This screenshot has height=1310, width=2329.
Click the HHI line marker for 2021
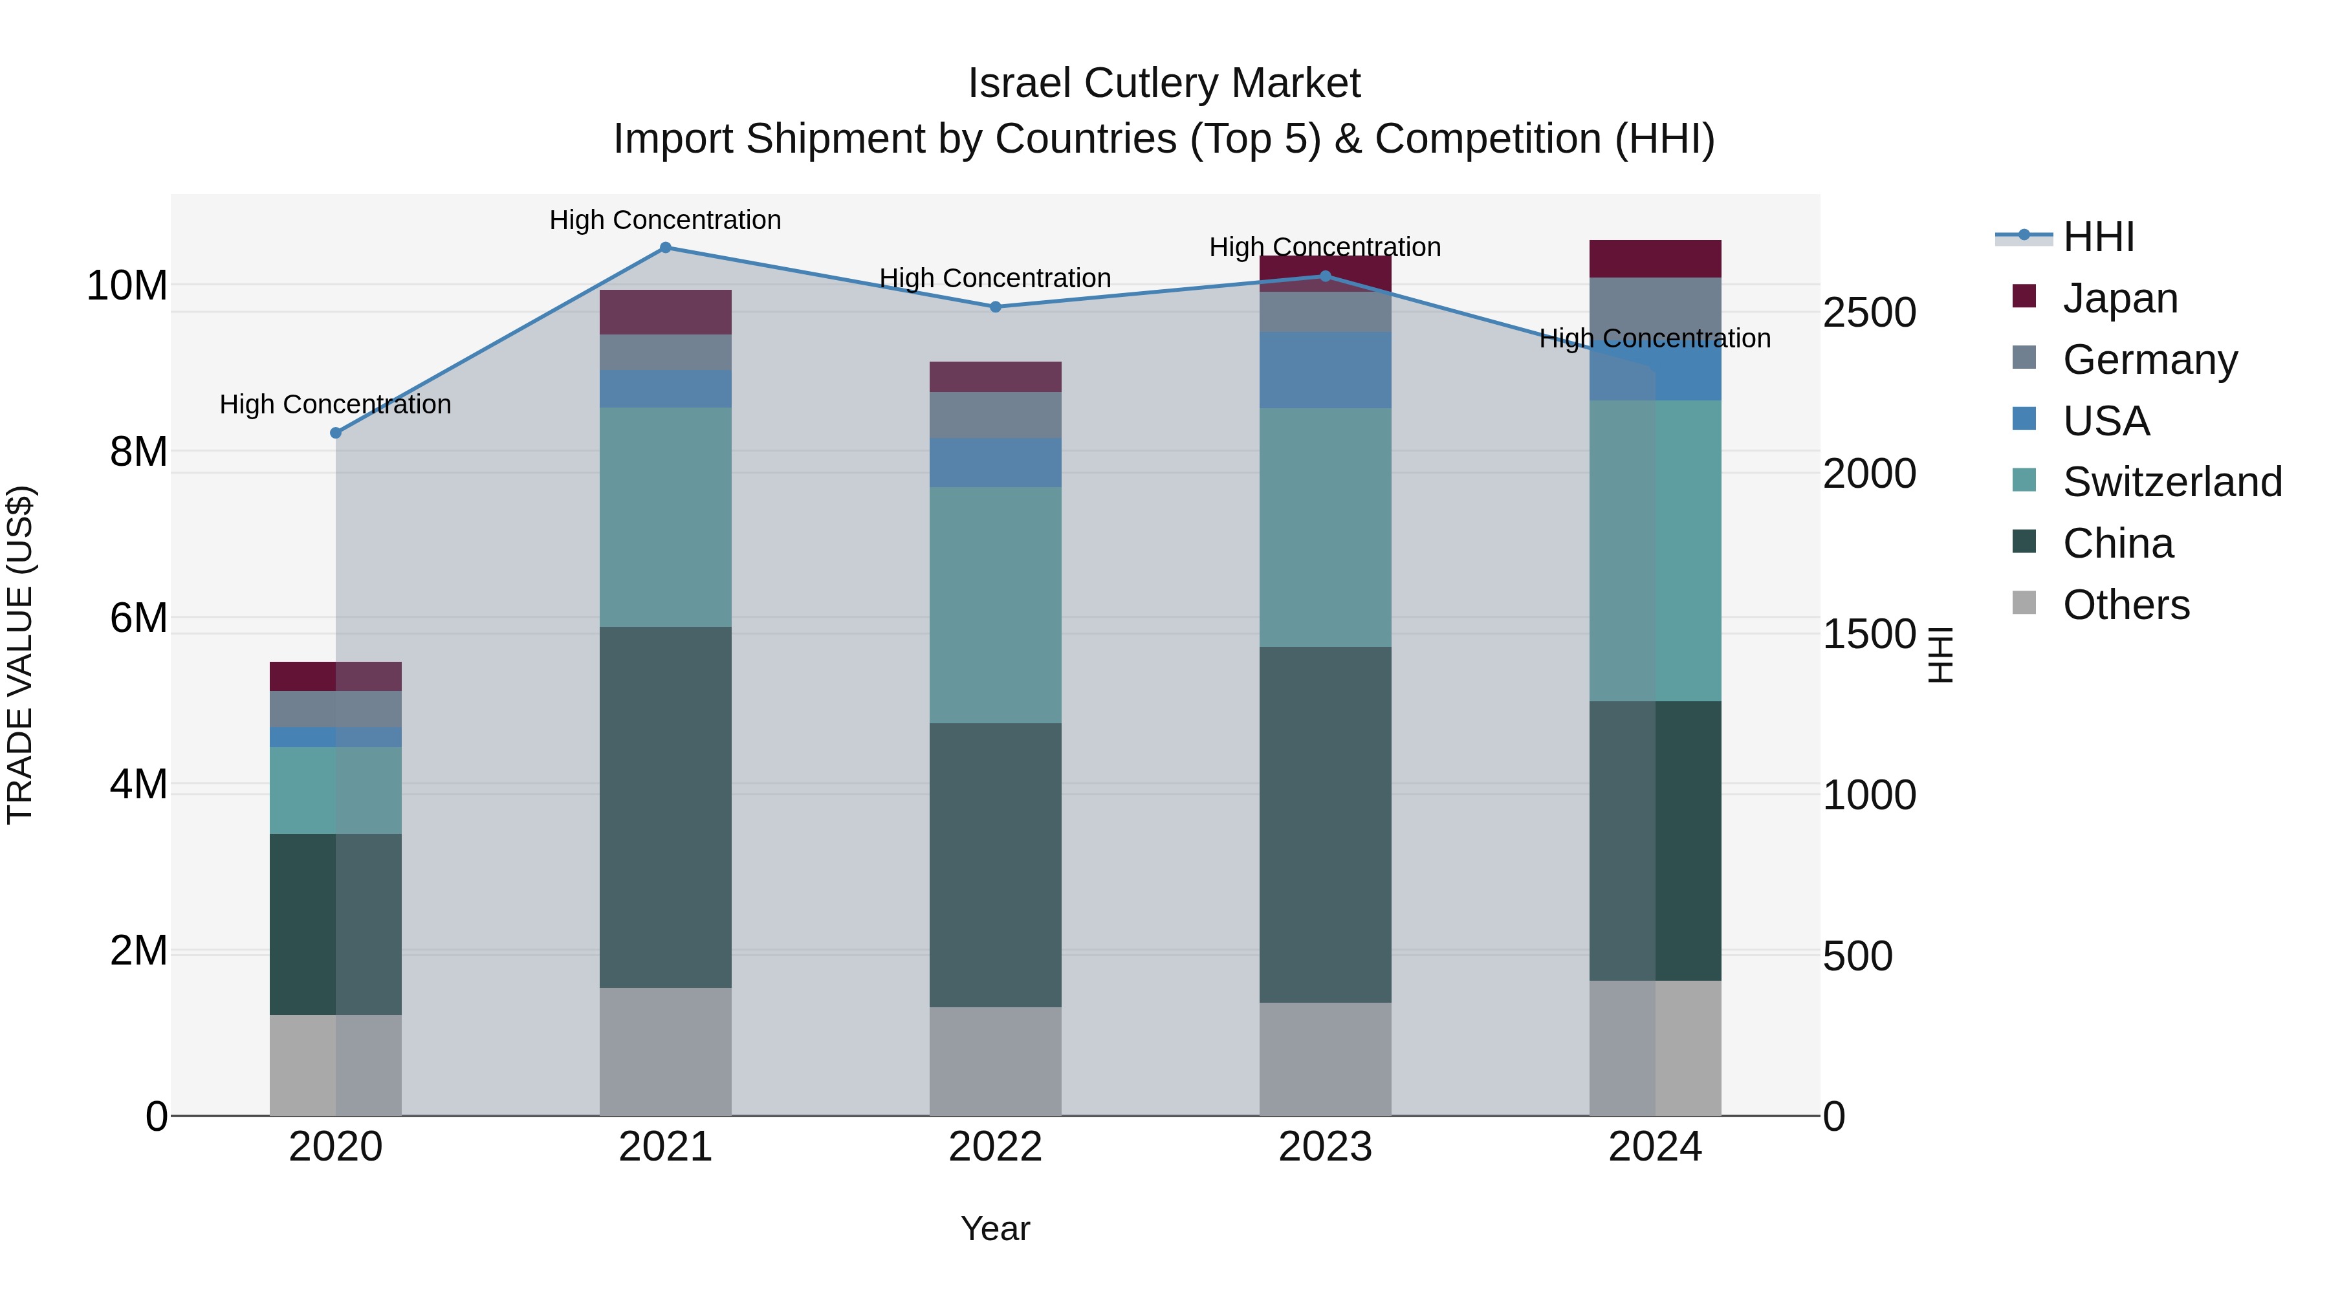coord(666,248)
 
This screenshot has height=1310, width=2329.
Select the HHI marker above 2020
coord(335,433)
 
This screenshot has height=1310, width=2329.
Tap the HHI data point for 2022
coord(996,307)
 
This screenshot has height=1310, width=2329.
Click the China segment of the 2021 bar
coord(666,807)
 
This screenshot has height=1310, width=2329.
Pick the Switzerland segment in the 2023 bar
coord(1326,527)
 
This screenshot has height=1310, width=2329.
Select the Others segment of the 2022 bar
coord(996,1062)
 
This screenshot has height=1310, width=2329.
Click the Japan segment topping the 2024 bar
coord(1656,259)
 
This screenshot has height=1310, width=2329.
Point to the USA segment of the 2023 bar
coord(1326,370)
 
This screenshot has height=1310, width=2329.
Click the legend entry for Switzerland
coord(2172,482)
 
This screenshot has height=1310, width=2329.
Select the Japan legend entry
coord(2120,298)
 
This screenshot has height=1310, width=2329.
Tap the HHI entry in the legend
coord(2097,237)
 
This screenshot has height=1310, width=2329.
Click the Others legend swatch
coord(2024,603)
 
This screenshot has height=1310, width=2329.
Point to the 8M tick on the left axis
coord(138,451)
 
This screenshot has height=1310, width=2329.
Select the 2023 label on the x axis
coord(1326,1147)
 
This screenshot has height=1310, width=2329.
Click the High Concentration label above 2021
coord(666,220)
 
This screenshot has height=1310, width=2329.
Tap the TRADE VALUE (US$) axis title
coord(20,655)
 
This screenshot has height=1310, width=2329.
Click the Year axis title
coord(996,1228)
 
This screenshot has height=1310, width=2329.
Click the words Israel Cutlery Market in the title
coord(1164,83)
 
